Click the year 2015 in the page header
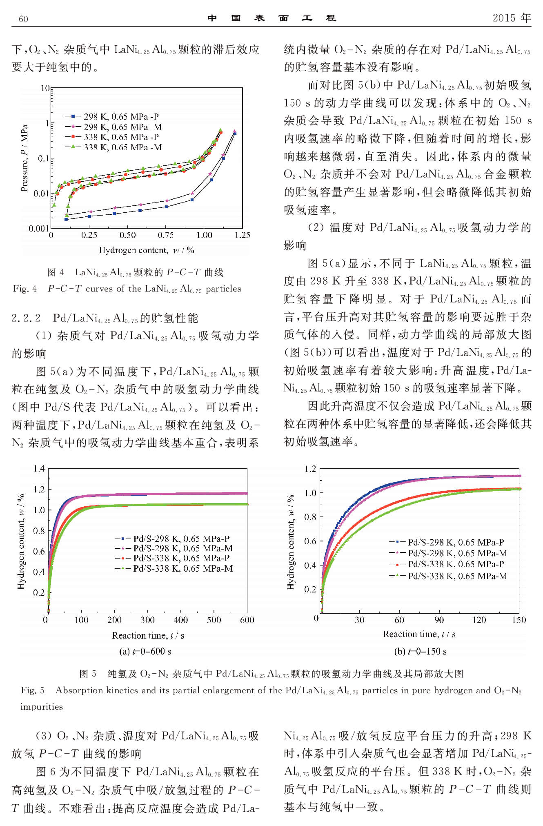click(x=505, y=18)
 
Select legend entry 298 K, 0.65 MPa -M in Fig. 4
click(x=122, y=127)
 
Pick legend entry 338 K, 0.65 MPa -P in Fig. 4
click(x=121, y=137)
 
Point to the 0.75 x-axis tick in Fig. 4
click(x=165, y=235)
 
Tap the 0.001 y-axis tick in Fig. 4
click(x=38, y=229)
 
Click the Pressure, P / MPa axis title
click(x=24, y=158)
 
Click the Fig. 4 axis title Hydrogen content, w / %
click(x=147, y=250)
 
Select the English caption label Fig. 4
click(x=24, y=289)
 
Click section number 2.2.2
click(x=26, y=318)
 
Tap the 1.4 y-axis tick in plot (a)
click(x=39, y=468)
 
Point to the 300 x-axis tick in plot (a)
click(x=147, y=620)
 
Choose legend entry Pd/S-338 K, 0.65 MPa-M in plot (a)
click(x=183, y=568)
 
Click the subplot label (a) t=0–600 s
click(x=145, y=651)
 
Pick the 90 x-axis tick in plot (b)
click(x=439, y=620)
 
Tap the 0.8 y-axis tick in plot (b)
click(x=310, y=517)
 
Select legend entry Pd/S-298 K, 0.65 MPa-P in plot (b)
click(x=456, y=542)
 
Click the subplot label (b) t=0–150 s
click(x=420, y=651)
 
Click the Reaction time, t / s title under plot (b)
click(x=419, y=634)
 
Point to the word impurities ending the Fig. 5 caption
click(x=42, y=707)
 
